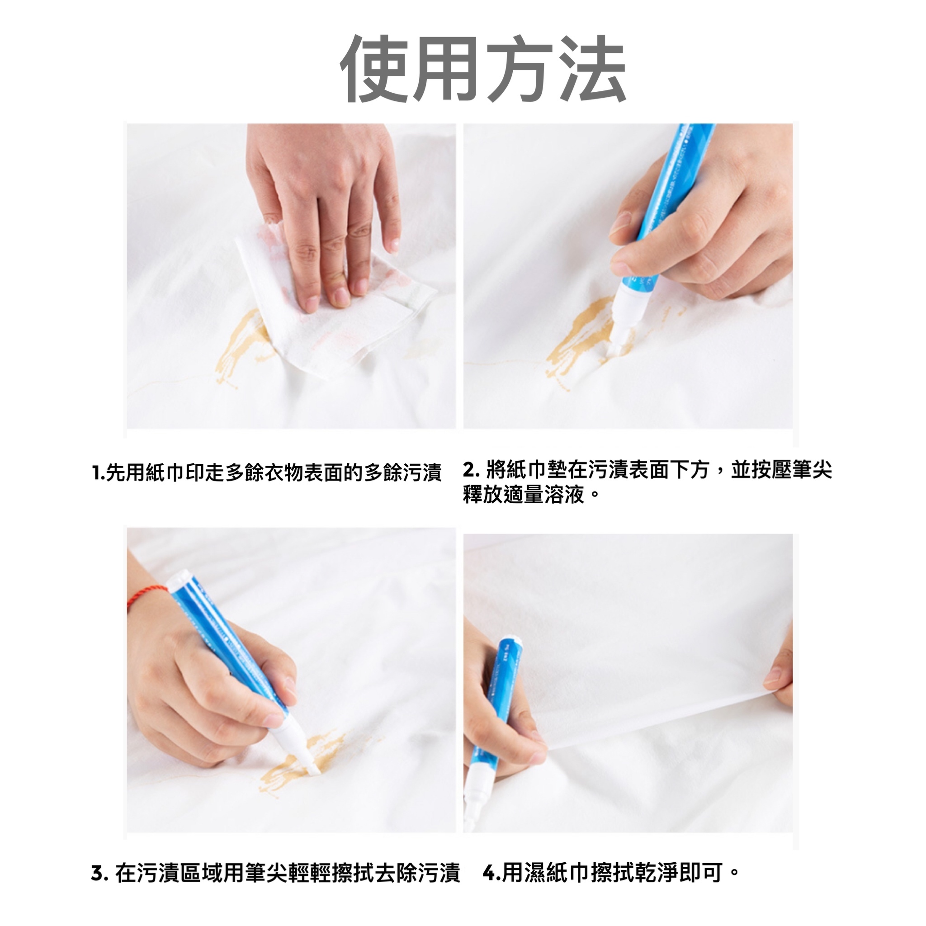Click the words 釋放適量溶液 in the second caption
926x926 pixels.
(x=525, y=495)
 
